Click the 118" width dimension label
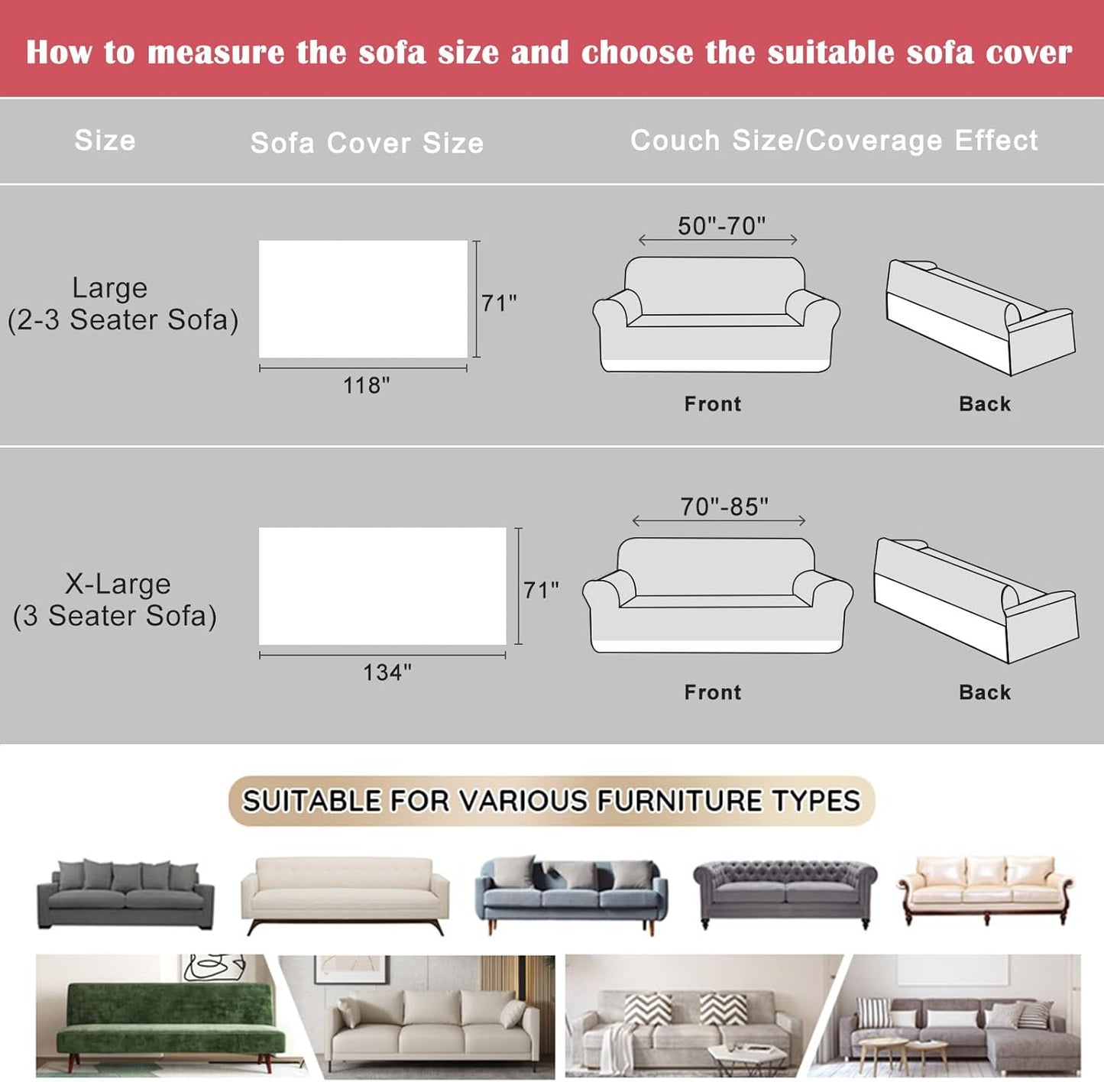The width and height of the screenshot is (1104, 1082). pyautogui.click(x=366, y=385)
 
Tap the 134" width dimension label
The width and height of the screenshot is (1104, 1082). pyautogui.click(x=387, y=672)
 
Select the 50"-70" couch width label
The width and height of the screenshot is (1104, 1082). pyautogui.click(x=721, y=226)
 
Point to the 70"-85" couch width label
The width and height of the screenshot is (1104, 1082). pyautogui.click(x=724, y=507)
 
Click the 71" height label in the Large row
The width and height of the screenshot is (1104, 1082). pyautogui.click(x=499, y=303)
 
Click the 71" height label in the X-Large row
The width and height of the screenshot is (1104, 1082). pyautogui.click(x=541, y=590)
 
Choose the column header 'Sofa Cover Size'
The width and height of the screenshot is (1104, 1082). pyautogui.click(x=367, y=143)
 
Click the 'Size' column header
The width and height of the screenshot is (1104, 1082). pyautogui.click(x=105, y=141)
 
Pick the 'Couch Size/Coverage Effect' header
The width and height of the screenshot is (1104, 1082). pyautogui.click(x=834, y=141)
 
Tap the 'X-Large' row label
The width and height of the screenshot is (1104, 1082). pyautogui.click(x=118, y=584)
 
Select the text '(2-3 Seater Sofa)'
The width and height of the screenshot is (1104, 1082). pyautogui.click(x=123, y=319)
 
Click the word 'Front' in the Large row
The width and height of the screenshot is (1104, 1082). pyautogui.click(x=712, y=403)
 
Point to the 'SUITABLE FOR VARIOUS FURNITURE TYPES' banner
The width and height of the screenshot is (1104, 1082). pyautogui.click(x=551, y=801)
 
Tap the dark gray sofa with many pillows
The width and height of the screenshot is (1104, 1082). pyautogui.click(x=125, y=893)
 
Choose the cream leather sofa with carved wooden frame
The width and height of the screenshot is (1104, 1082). pyautogui.click(x=986, y=888)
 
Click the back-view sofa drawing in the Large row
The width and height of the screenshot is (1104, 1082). pyautogui.click(x=979, y=316)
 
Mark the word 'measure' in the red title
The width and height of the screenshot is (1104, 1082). pyautogui.click(x=216, y=53)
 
